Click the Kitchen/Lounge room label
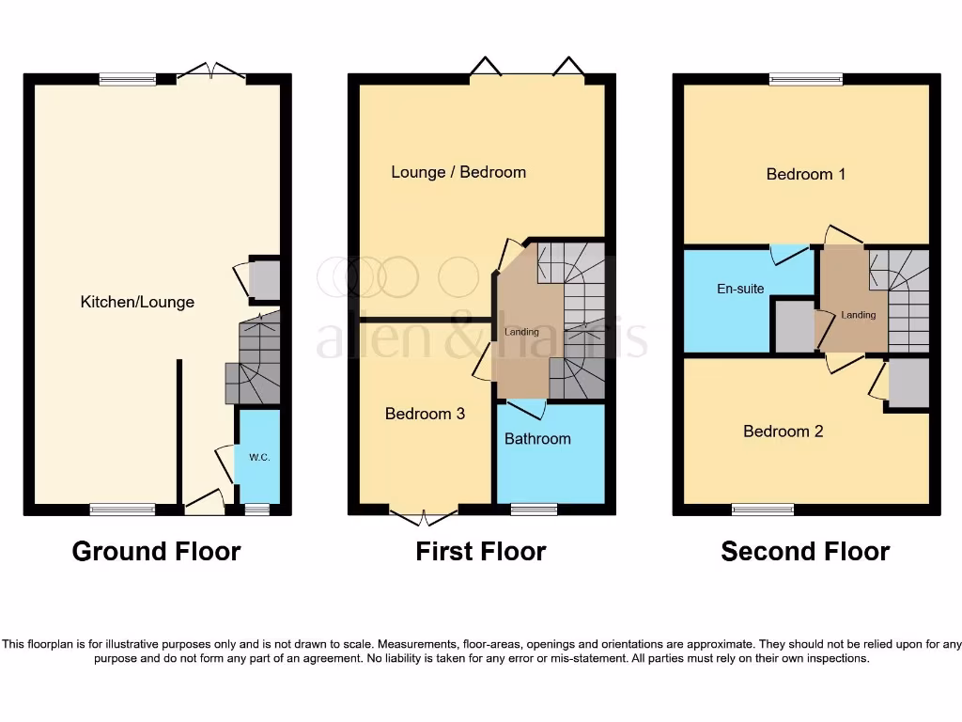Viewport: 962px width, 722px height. [137, 302]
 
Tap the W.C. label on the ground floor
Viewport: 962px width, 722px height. [259, 457]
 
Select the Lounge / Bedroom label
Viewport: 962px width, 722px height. [458, 172]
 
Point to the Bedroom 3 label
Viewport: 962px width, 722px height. [425, 414]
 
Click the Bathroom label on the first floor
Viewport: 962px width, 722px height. [537, 438]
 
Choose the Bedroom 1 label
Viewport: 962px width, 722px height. [806, 174]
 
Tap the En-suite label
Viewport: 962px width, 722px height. [740, 289]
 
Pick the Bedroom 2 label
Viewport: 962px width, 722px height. [784, 432]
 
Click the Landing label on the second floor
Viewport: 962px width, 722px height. [859, 315]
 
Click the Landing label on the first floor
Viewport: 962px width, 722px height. [522, 332]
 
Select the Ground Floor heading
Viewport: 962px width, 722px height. [156, 551]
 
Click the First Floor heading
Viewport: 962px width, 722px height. [481, 551]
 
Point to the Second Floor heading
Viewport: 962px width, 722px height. [805, 551]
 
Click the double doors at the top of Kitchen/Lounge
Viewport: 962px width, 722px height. [211, 73]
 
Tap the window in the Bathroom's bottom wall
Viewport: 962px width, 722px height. [534, 510]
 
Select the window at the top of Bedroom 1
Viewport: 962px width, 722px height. [799, 80]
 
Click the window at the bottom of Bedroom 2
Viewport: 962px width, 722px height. [763, 510]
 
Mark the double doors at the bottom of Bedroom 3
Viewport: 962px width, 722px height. [424, 515]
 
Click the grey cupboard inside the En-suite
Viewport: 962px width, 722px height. [793, 325]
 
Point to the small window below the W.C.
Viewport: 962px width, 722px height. [256, 510]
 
